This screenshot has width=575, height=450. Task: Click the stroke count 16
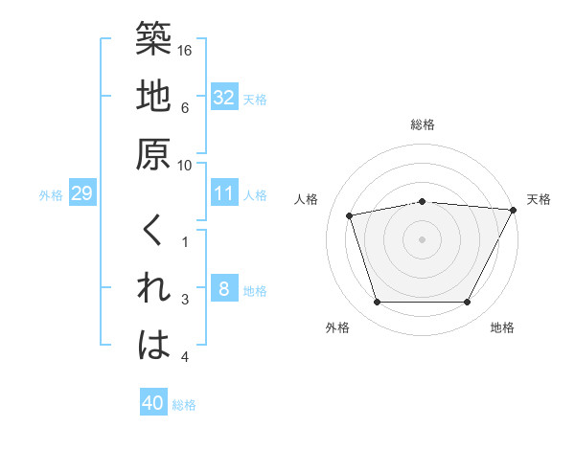(186, 49)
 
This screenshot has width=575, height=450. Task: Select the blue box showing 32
(223, 98)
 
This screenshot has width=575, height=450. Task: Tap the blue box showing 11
(223, 193)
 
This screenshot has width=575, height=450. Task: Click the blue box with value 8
(223, 289)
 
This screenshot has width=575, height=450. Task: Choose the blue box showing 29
(81, 194)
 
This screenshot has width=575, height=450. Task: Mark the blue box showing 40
(153, 403)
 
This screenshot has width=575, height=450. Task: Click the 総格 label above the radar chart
(423, 124)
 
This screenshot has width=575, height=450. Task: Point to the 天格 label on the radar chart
(539, 199)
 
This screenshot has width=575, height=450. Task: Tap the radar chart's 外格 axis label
(337, 327)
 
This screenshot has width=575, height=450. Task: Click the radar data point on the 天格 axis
(514, 210)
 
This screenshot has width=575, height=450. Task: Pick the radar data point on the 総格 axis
(423, 201)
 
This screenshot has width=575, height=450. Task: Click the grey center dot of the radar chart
(423, 238)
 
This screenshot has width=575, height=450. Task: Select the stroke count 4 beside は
(186, 357)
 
